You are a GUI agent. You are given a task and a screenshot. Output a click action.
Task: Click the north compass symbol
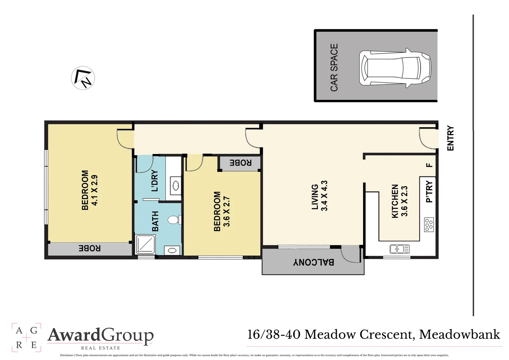pos(83,78)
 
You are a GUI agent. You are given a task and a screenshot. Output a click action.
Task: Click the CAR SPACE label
pos(334,67)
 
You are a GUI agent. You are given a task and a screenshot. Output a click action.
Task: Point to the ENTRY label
pos(450,138)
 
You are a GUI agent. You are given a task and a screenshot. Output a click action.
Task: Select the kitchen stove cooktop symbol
pos(429,225)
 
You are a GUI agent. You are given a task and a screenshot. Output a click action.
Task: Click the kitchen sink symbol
pos(399,249)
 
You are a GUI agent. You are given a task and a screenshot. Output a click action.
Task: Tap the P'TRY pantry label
pos(429,192)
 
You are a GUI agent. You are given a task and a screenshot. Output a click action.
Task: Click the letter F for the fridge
pos(429,165)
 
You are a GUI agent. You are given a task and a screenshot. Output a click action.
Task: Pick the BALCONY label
pos(313,262)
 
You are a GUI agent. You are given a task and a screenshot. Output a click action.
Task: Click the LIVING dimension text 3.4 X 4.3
pos(324,196)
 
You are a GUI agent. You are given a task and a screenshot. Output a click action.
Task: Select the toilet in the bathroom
pos(174,220)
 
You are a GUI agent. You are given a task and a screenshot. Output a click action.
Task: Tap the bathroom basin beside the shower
pos(172,250)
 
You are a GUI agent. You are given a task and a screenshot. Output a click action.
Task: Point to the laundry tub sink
pos(176,185)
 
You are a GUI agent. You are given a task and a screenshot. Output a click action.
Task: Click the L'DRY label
pos(155,181)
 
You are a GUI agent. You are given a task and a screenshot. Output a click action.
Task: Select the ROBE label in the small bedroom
pos(240,163)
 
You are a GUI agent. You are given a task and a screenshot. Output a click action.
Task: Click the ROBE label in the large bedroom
pos(89,248)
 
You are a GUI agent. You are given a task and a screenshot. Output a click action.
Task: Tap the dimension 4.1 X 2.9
pos(94,190)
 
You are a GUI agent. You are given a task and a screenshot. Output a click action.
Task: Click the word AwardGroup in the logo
pos(101,335)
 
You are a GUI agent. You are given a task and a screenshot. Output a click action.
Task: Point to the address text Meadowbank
pos(459,334)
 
